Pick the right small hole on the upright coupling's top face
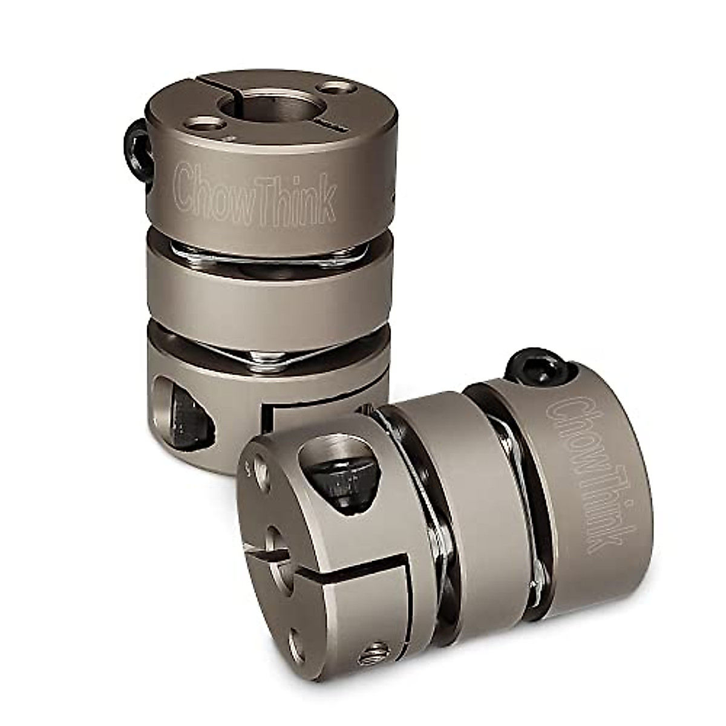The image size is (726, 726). click(336, 89)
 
